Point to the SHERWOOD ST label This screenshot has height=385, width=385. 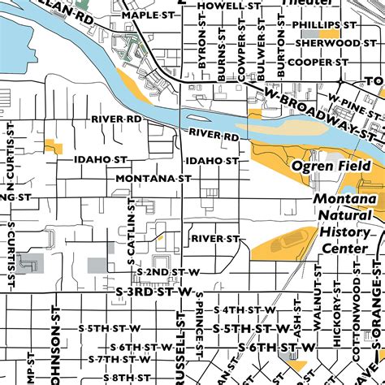pyautogui.click(x=326, y=43)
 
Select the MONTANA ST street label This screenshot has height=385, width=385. pyautogui.click(x=154, y=178)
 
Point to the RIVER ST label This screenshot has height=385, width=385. pyautogui.click(x=215, y=239)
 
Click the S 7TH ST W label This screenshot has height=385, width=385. pyautogui.click(x=120, y=358)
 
